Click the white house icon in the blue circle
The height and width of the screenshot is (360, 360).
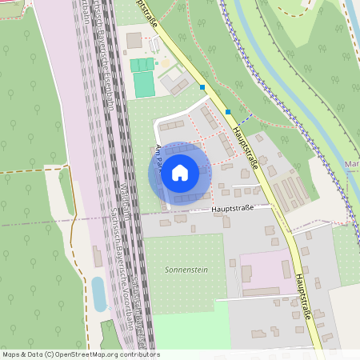coord(180,173)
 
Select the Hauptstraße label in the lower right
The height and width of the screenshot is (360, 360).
coord(302,297)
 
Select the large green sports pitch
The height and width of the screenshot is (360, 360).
coord(144,84)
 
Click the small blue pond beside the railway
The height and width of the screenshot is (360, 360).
coord(99,294)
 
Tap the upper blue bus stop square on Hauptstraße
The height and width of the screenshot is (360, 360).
coord(203,86)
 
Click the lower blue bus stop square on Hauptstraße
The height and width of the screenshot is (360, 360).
coord(228,112)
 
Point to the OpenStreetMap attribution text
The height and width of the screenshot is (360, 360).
coord(80,354)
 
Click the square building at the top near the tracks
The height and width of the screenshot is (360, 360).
coord(134,40)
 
